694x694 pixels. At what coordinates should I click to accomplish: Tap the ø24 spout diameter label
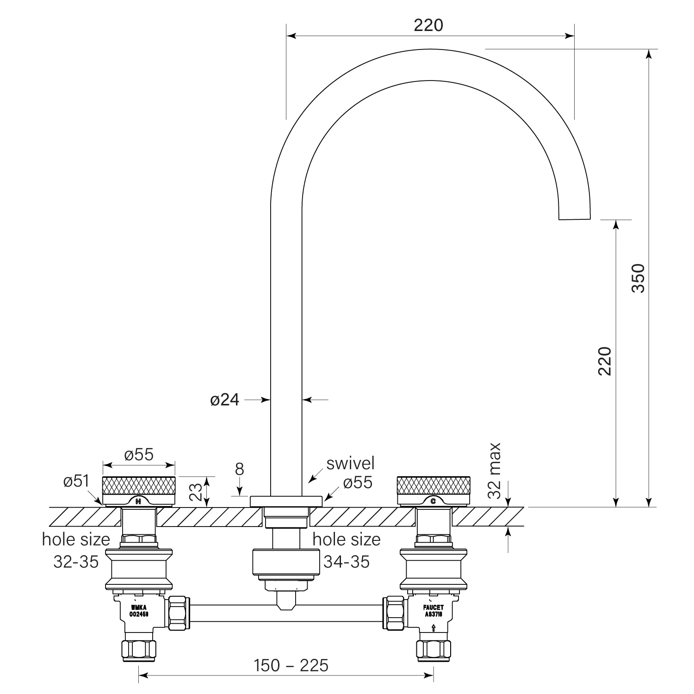pyautogui.click(x=225, y=400)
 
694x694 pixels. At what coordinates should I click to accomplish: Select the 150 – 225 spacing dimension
pyautogui.click(x=291, y=666)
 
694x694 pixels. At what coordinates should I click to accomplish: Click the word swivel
pyautogui.click(x=350, y=463)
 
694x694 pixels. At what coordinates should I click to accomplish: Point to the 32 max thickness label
pyautogui.click(x=495, y=471)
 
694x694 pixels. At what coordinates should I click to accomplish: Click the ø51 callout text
pyautogui.click(x=76, y=481)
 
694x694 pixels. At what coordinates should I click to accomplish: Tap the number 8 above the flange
pyautogui.click(x=239, y=469)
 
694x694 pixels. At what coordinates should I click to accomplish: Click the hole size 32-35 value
pyautogui.click(x=76, y=562)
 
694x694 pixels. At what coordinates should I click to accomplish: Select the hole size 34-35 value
pyautogui.click(x=347, y=562)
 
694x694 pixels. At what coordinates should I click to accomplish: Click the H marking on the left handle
pyautogui.click(x=138, y=501)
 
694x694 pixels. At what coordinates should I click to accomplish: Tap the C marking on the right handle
pyautogui.click(x=433, y=501)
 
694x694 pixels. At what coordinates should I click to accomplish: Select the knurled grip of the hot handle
pyautogui.click(x=138, y=485)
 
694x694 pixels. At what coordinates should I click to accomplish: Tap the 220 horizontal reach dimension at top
pyautogui.click(x=428, y=25)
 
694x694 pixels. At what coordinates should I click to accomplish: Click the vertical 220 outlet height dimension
pyautogui.click(x=605, y=361)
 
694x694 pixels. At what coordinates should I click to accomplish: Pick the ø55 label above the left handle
pyautogui.click(x=139, y=455)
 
